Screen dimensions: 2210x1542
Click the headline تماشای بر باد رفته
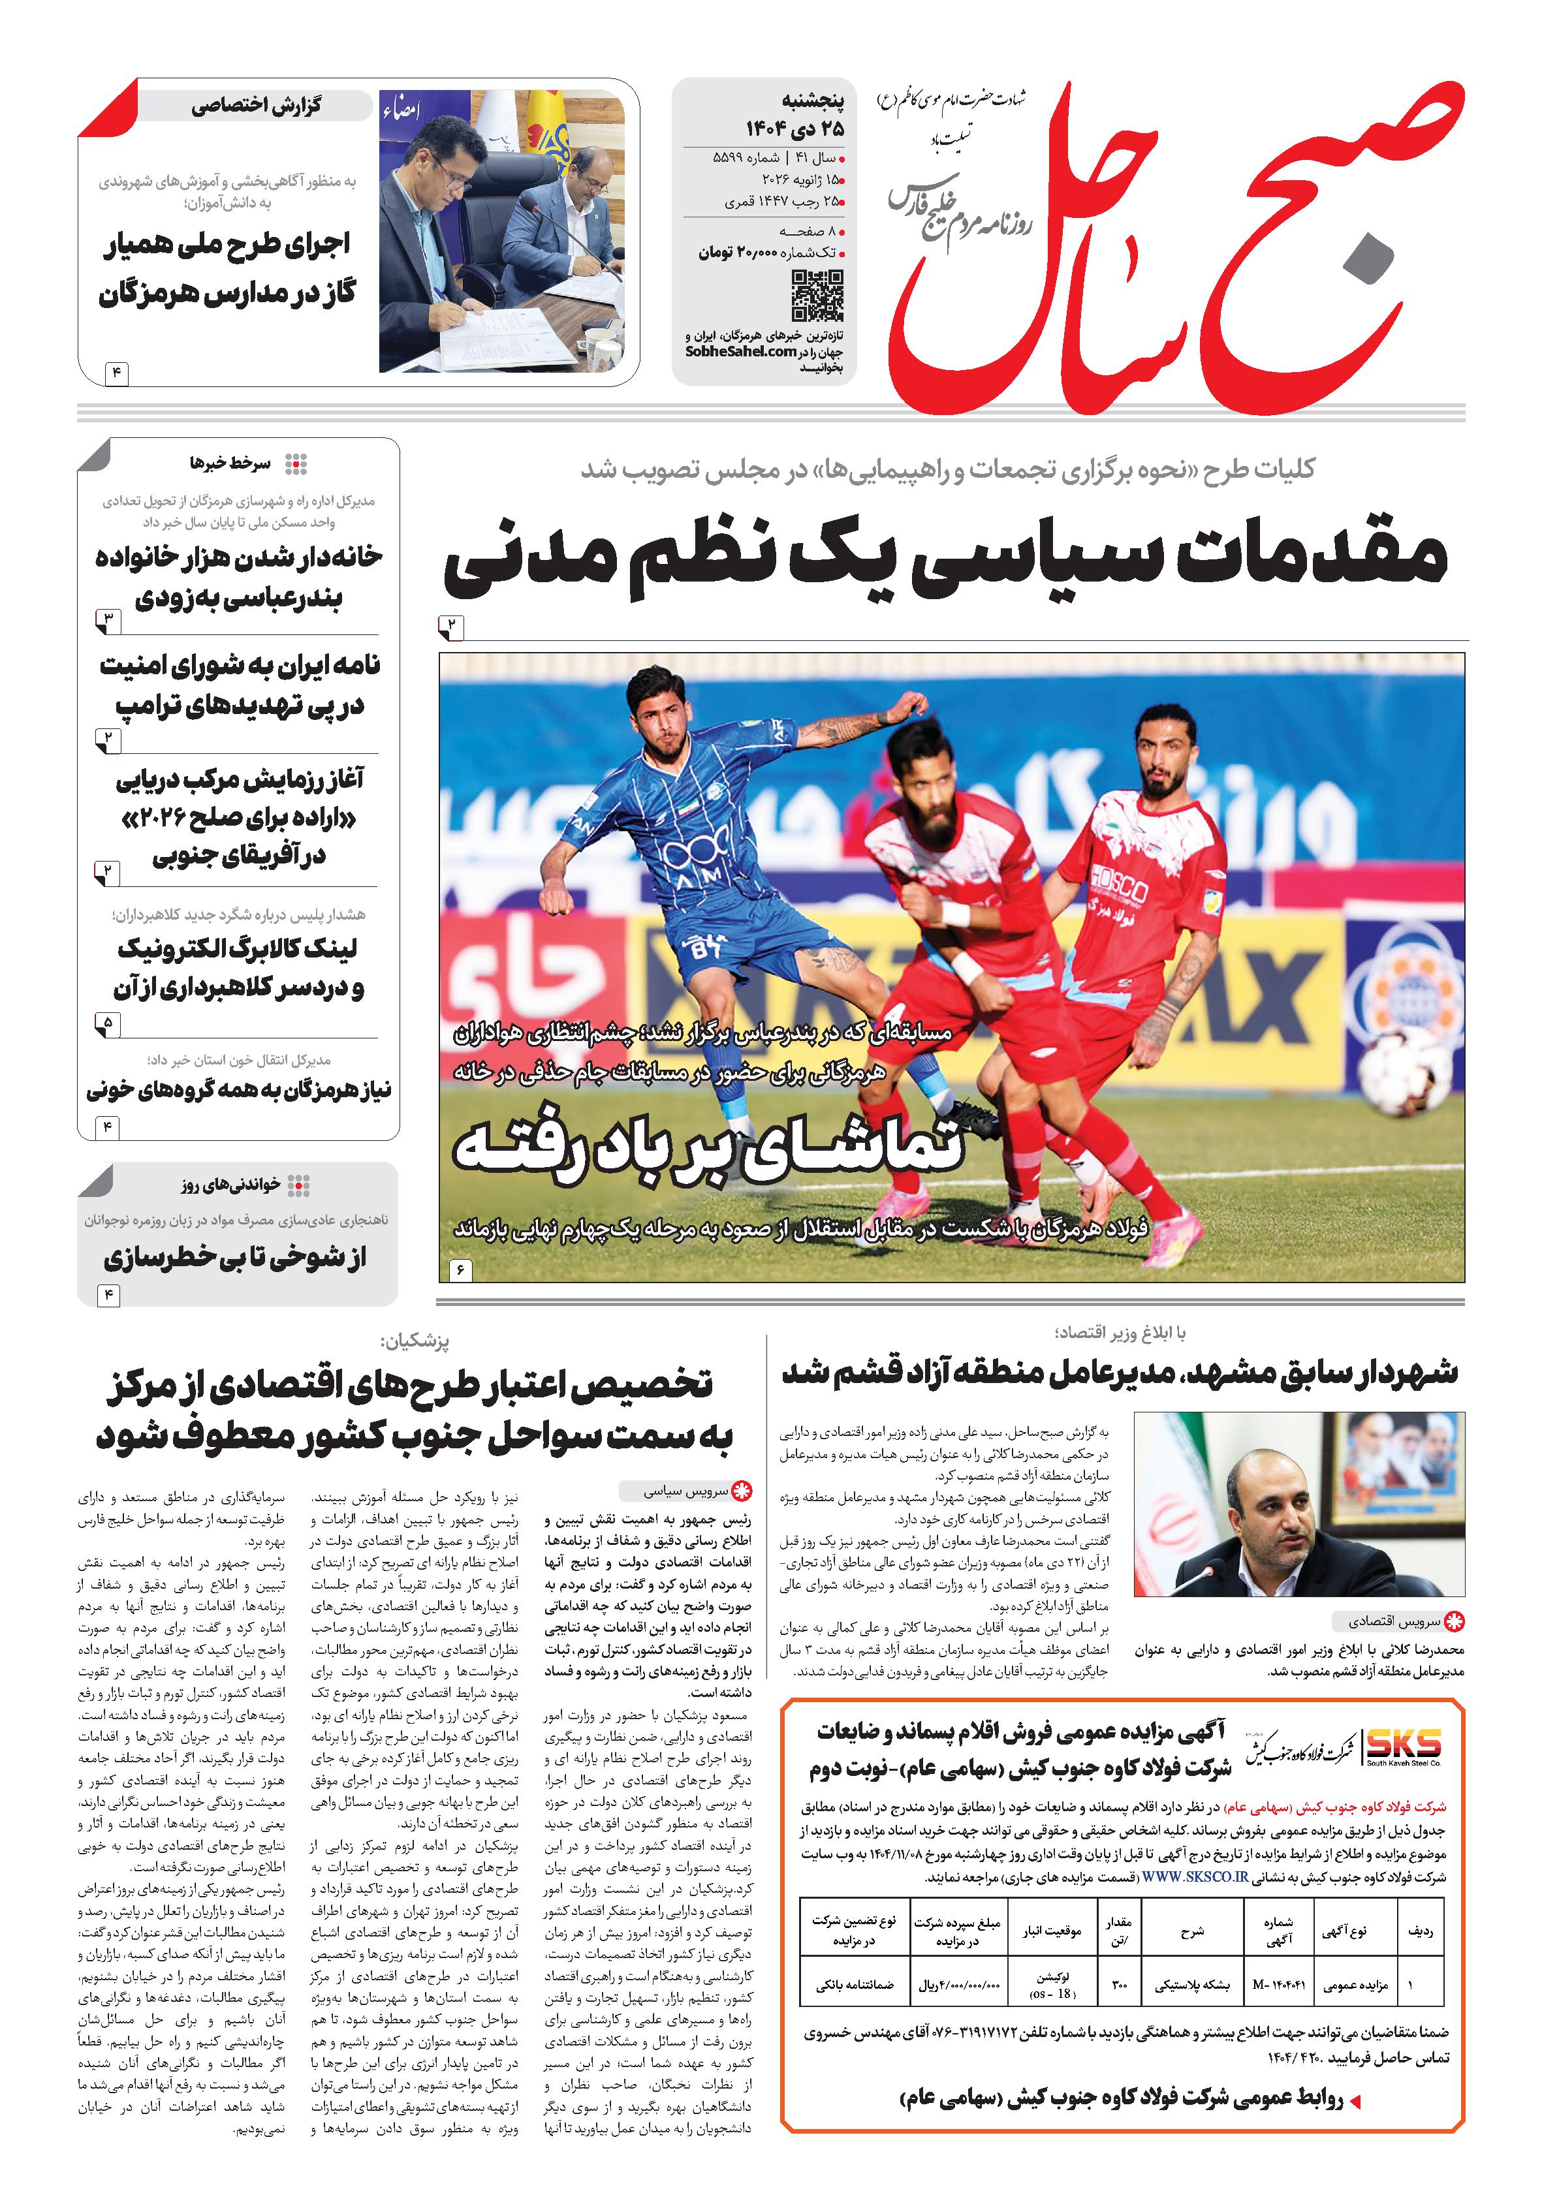pos(708,1150)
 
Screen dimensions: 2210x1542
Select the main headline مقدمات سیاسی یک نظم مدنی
pos(945,561)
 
